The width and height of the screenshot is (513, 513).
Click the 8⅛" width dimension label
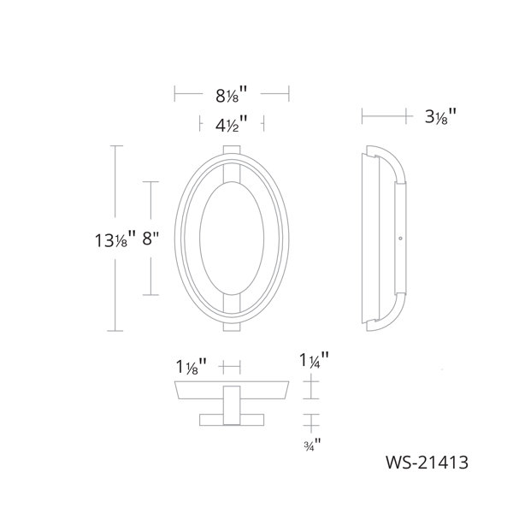[x=232, y=95]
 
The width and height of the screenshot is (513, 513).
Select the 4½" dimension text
[x=232, y=124]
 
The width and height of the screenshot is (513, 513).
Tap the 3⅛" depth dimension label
[x=440, y=116]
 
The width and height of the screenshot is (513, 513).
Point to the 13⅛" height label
[x=115, y=239]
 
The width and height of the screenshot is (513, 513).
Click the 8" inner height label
[x=150, y=239]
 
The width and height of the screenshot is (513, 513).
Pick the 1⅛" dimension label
[x=192, y=366]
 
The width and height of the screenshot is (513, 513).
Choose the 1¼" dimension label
[x=314, y=360]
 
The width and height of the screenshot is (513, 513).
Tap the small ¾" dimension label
[x=312, y=445]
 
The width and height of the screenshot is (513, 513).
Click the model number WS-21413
[x=427, y=463]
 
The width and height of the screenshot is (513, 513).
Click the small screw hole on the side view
[x=400, y=239]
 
